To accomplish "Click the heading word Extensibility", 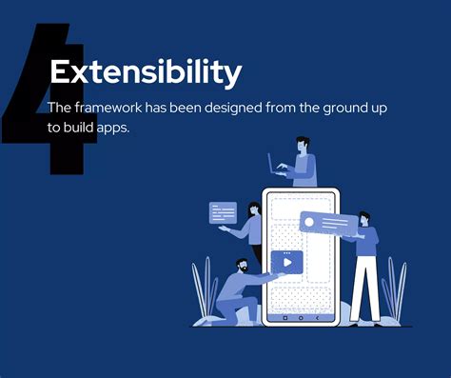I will click(x=145, y=72).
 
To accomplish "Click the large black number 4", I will click(x=48, y=105).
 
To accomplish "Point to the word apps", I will click(x=111, y=128).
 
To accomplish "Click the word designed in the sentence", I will click(x=222, y=108).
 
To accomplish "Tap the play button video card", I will click(x=286, y=261).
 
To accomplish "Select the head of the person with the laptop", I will click(x=303, y=144).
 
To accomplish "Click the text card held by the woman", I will click(x=222, y=212).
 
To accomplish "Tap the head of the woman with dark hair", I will click(x=254, y=209).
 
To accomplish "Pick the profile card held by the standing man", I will click(x=328, y=225).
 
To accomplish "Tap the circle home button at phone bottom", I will click(x=301, y=318).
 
